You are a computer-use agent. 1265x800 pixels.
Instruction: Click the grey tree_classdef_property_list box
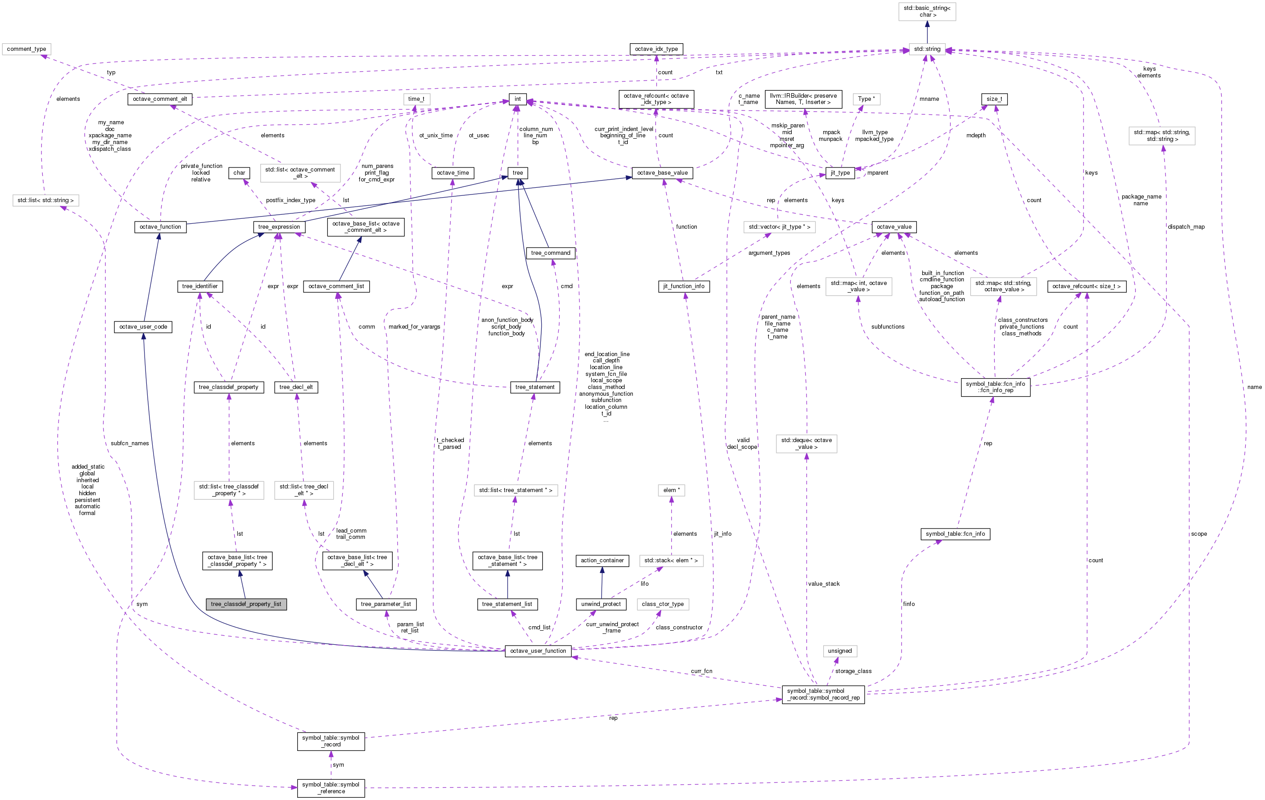tap(246, 604)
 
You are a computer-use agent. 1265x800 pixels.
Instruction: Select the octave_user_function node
tap(538, 651)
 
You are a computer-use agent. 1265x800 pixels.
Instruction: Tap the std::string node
tap(927, 49)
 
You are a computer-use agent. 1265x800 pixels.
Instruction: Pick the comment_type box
tap(26, 49)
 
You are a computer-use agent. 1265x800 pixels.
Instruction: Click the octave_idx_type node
tap(656, 49)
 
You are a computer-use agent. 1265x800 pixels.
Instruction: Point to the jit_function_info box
tap(684, 286)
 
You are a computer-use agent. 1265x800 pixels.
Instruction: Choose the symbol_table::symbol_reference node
tap(331, 788)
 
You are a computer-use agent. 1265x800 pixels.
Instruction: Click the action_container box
tap(602, 560)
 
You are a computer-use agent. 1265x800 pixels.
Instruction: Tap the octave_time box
tap(453, 173)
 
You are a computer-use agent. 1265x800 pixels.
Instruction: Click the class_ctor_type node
tap(662, 604)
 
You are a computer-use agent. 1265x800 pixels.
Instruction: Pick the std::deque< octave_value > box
tap(807, 443)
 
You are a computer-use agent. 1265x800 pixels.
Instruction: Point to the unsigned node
tap(839, 651)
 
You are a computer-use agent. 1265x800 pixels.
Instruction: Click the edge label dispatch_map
tap(1186, 227)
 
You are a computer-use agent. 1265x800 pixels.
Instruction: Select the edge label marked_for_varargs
tap(414, 327)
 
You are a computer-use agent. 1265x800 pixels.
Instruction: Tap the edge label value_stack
tap(824, 583)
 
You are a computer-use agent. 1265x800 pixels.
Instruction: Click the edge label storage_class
tap(853, 671)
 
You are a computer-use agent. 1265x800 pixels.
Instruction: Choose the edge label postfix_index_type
tap(290, 200)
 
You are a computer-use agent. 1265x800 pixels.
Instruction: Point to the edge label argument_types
tap(769, 253)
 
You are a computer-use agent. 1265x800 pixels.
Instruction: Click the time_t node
tap(416, 99)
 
